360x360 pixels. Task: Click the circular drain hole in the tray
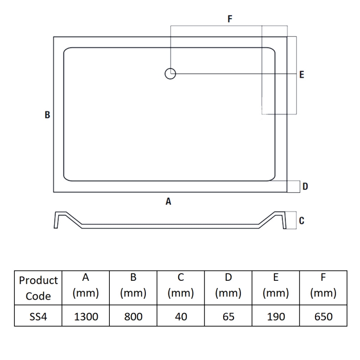point(170,73)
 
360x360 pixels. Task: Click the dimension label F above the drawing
point(229,19)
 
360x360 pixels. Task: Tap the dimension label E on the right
point(301,75)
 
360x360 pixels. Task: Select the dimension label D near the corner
point(305,186)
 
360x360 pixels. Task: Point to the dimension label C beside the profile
point(301,220)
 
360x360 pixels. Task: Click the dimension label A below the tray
point(168,202)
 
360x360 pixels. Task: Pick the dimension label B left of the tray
point(47,115)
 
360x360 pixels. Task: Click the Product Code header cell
point(38,288)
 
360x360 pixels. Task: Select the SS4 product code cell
point(38,317)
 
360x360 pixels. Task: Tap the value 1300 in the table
point(85,317)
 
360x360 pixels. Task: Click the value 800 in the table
point(133,317)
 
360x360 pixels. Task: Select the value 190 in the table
point(276,317)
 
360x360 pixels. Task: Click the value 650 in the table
point(323,317)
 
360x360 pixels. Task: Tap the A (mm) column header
point(85,286)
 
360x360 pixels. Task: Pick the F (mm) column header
point(323,286)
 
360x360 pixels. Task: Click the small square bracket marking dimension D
point(294,186)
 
